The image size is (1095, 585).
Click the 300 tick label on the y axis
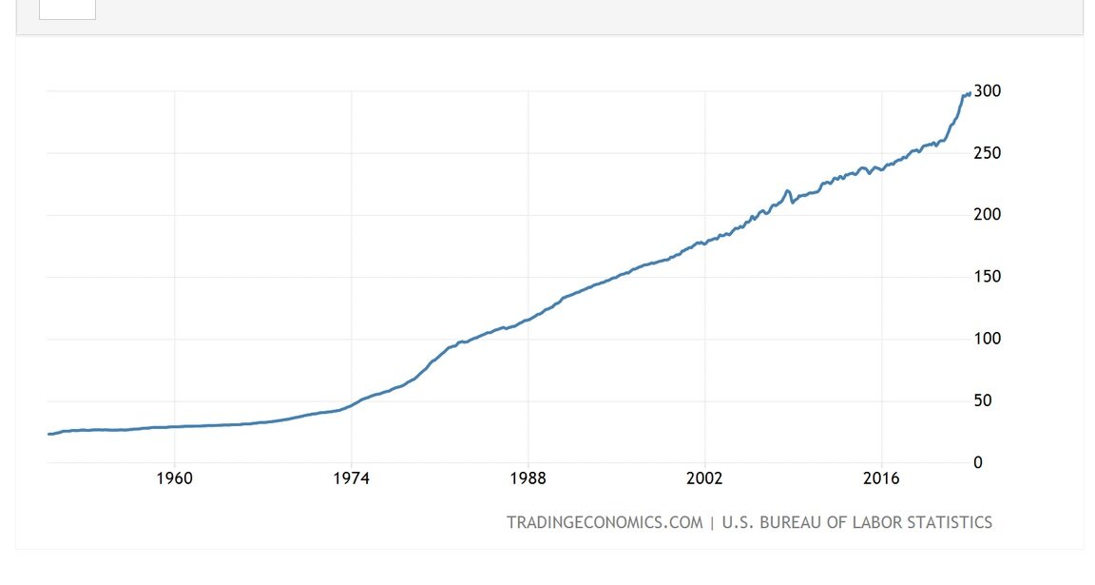pos(988,91)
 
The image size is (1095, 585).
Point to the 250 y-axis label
pos(988,153)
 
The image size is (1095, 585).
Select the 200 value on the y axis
pos(988,215)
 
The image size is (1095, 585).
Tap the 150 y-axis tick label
pos(988,277)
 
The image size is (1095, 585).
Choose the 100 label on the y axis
pos(988,339)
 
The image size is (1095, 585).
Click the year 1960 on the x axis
pos(175,478)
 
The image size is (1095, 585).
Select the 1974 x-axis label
pos(352,478)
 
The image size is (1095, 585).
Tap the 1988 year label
pos(528,478)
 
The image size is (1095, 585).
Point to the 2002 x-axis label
pos(705,478)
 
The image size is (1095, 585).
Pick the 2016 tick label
pos(882,478)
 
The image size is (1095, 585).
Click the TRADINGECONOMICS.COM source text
pos(605,522)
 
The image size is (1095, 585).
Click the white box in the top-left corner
pos(67,9)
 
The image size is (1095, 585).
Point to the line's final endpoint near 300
pos(969,92)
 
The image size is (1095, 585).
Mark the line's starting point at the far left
pos(48,434)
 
